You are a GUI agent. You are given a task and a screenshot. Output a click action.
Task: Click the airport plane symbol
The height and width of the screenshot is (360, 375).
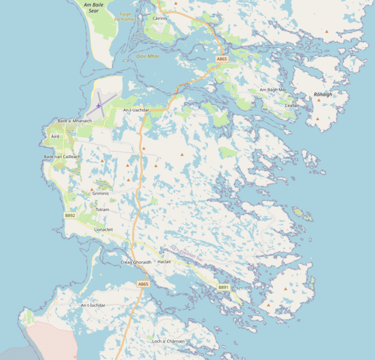click(99, 106)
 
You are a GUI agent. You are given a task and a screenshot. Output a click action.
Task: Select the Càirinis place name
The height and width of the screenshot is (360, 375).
click(159, 19)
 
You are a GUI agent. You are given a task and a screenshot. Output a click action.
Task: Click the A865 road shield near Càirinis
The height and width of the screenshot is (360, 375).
click(222, 59)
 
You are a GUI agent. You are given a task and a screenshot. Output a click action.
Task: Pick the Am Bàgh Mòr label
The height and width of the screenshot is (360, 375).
click(273, 90)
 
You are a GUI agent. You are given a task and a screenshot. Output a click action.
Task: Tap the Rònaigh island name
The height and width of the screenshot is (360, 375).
click(323, 94)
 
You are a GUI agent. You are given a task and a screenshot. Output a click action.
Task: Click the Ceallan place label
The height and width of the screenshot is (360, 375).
click(292, 105)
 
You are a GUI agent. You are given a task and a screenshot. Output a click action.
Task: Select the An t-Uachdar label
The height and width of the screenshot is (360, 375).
click(136, 110)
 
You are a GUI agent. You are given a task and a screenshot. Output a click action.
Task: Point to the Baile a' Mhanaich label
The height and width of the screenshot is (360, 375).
click(75, 121)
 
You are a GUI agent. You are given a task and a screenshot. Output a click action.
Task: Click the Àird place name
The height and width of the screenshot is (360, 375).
click(55, 136)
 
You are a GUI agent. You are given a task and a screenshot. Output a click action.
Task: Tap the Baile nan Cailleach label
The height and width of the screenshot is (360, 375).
click(62, 156)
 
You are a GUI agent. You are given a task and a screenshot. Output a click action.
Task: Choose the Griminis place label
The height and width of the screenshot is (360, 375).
click(101, 194)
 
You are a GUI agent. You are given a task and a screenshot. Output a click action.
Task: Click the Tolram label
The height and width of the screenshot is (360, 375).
click(102, 210)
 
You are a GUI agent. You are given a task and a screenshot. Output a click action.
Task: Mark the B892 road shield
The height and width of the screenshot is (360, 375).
click(70, 215)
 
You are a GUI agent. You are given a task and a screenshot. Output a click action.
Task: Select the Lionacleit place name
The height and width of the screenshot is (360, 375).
click(104, 230)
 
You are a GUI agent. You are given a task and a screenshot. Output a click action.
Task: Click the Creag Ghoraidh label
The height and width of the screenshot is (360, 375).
click(136, 262)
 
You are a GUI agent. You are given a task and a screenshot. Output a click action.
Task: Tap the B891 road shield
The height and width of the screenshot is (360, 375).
click(224, 287)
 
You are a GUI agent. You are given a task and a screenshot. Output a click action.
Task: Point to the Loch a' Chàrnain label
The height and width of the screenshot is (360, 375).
click(168, 341)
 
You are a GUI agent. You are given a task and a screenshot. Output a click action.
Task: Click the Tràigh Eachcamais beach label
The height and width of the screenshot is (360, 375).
click(125, 16)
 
